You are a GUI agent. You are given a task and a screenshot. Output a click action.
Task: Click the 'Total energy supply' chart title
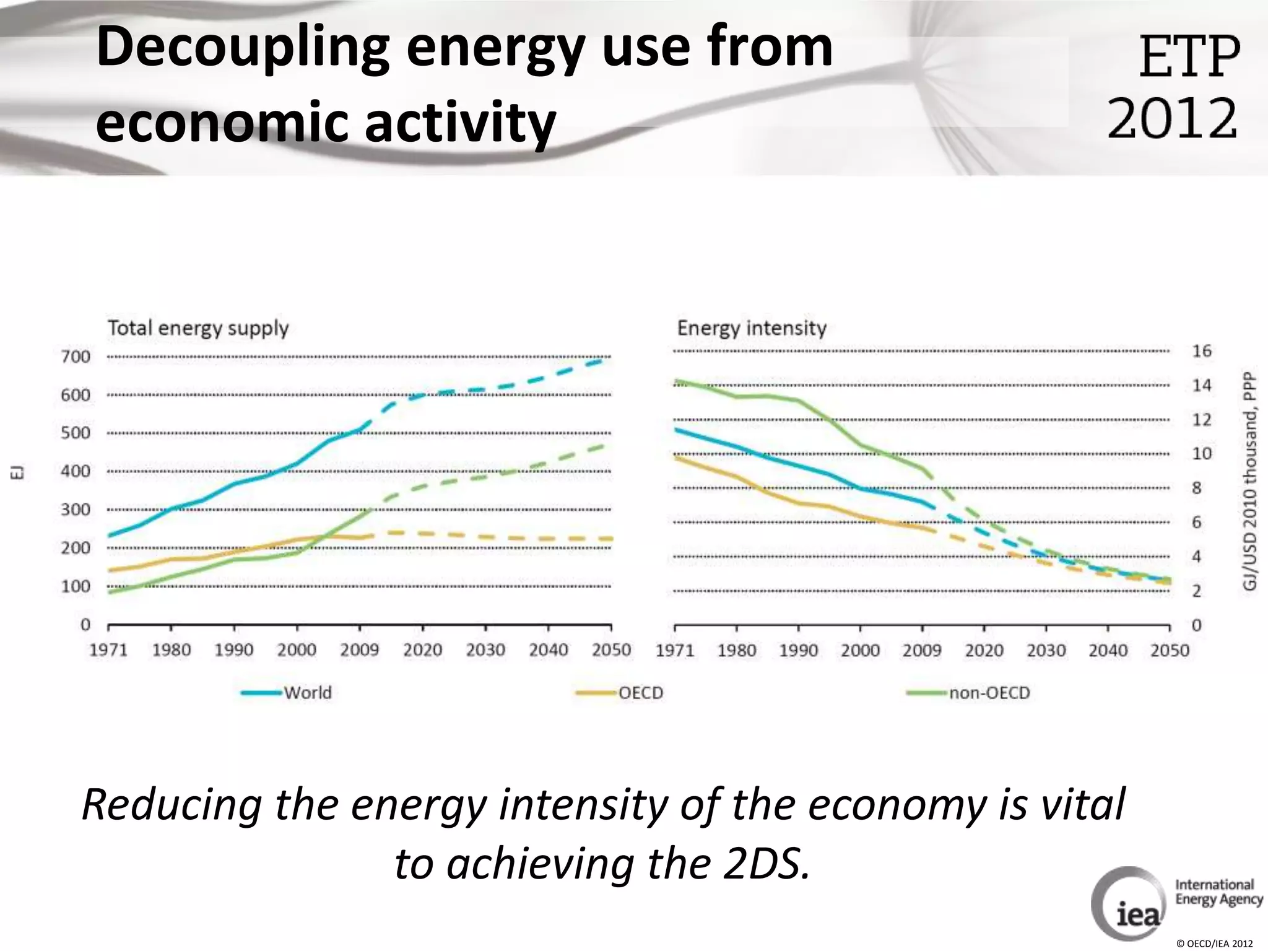tap(198, 328)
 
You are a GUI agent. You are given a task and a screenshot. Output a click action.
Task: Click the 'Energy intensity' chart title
tap(752, 328)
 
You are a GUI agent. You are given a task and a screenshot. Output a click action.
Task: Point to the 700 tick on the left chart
tap(76, 357)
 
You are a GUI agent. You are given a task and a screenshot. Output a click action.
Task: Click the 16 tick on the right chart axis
tap(1202, 351)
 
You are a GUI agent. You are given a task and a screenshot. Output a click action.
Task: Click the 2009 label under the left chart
tap(360, 650)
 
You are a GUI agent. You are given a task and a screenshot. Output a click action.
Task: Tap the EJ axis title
tap(19, 474)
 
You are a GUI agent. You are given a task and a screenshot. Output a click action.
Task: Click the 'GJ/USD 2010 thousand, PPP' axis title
tap(1251, 481)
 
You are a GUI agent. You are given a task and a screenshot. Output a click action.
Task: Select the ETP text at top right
tap(1189, 57)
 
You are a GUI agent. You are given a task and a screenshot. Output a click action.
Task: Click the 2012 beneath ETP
tap(1172, 118)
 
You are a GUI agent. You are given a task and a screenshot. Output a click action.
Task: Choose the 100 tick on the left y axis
tap(76, 586)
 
